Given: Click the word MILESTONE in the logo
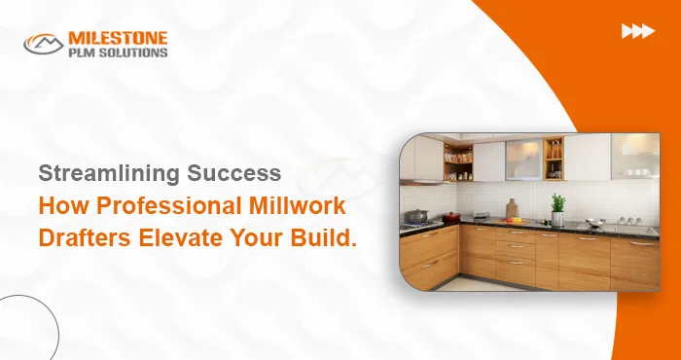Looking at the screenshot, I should (x=118, y=37).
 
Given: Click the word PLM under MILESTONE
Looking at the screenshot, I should (x=81, y=52).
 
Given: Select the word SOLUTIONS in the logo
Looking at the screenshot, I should (x=131, y=52).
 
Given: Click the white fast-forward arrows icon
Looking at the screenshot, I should (x=637, y=32).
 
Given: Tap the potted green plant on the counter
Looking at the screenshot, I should (x=557, y=207).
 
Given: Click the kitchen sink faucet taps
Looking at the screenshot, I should (x=619, y=222).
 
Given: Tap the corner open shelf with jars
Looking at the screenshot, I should (x=458, y=162).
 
